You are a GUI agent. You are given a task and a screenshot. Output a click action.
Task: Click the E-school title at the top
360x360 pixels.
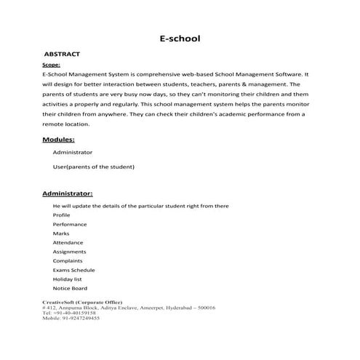pyautogui.click(x=180, y=38)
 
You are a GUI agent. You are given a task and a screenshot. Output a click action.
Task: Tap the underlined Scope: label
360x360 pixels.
pyautogui.click(x=52, y=65)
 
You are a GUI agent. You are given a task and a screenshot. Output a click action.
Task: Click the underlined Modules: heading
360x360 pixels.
pyautogui.click(x=59, y=139)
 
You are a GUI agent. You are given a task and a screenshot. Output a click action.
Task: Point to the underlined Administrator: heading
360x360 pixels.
pyautogui.click(x=67, y=194)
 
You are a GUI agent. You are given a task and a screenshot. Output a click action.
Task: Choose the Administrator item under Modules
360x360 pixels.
pyautogui.click(x=73, y=153)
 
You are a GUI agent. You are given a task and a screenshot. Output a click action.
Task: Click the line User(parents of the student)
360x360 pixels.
pyautogui.click(x=94, y=167)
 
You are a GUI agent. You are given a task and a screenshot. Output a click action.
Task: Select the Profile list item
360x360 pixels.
pyautogui.click(x=62, y=215)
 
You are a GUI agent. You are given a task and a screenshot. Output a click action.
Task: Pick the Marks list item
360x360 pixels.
pyautogui.click(x=61, y=233)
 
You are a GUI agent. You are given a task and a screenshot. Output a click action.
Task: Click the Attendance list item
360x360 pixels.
pyautogui.click(x=68, y=242)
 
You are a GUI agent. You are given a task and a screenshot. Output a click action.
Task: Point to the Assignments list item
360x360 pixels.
pyautogui.click(x=69, y=252)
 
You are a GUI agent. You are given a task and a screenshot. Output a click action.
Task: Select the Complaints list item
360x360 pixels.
pyautogui.click(x=68, y=260)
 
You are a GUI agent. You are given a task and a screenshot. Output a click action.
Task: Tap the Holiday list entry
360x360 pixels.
pyautogui.click(x=68, y=279)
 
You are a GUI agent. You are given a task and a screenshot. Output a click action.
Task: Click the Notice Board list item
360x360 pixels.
pyautogui.click(x=71, y=288)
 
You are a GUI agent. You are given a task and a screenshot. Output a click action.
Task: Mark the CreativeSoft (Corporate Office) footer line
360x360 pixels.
pyautogui.click(x=82, y=301)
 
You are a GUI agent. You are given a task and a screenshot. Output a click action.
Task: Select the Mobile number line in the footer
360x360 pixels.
pyautogui.click(x=71, y=319)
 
